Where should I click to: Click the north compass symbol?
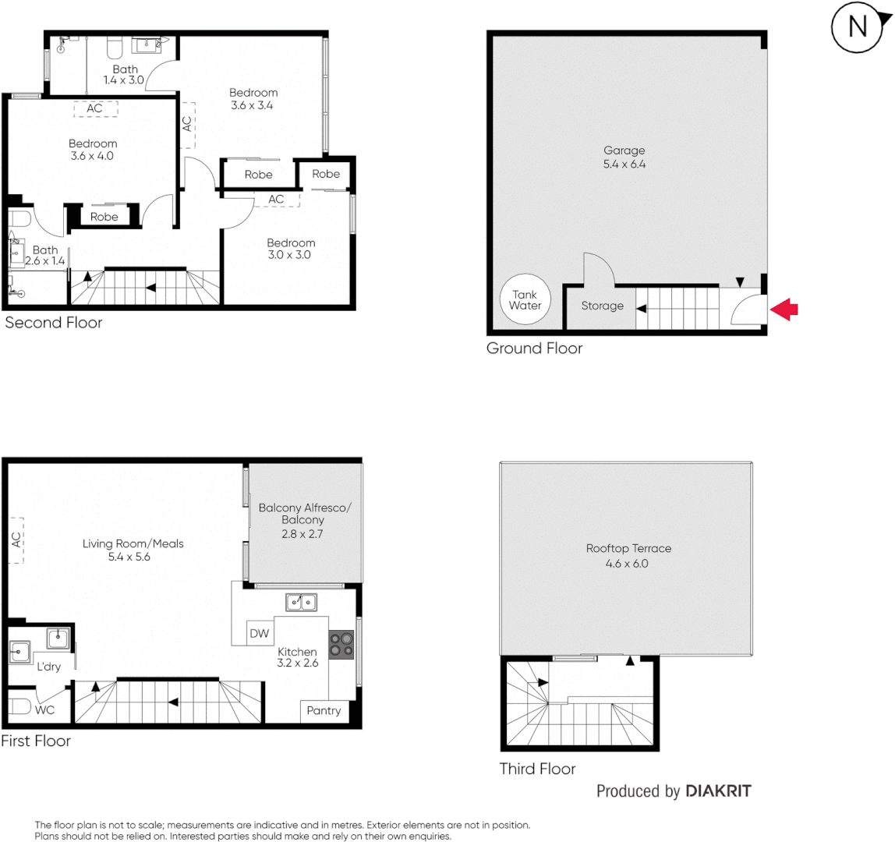click(x=857, y=27)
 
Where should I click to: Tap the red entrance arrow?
click(x=784, y=310)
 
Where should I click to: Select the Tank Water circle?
click(x=525, y=300)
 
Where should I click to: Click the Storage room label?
click(x=602, y=306)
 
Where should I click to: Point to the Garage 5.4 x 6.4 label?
click(x=624, y=157)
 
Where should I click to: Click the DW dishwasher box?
click(x=260, y=633)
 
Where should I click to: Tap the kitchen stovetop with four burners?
click(x=341, y=644)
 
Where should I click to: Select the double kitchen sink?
click(x=301, y=601)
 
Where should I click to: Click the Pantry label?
click(x=324, y=710)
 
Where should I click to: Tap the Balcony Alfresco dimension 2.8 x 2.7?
click(x=305, y=534)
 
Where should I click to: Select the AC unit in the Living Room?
click(x=16, y=540)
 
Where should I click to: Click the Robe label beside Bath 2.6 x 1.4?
click(x=104, y=217)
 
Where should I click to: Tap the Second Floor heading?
click(x=53, y=322)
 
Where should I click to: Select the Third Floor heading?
click(x=537, y=769)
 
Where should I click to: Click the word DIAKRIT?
click(x=718, y=791)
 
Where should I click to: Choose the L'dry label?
click(x=49, y=667)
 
